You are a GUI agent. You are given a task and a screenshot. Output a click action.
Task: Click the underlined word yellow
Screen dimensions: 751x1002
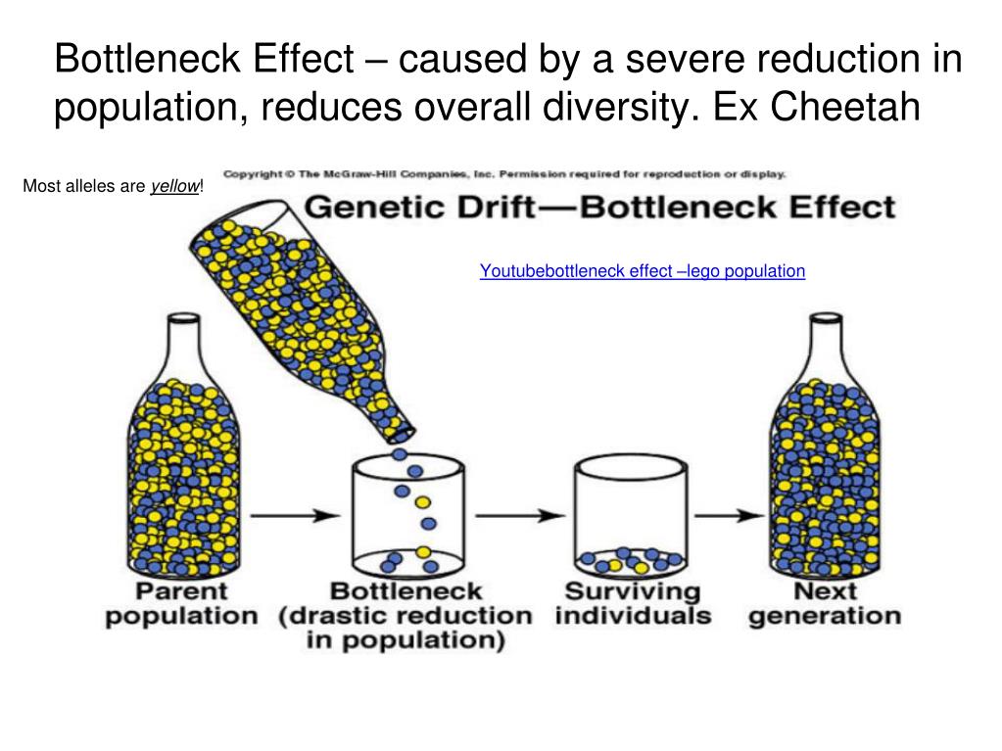click(173, 186)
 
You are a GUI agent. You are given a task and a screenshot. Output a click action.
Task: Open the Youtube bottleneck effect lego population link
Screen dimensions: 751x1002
click(642, 271)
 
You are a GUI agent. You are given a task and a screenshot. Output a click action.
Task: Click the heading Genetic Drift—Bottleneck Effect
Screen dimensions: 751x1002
click(599, 208)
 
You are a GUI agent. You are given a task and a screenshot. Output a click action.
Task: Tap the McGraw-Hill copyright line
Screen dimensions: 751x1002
click(504, 175)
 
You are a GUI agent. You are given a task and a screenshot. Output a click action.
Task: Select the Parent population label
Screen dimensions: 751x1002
click(181, 604)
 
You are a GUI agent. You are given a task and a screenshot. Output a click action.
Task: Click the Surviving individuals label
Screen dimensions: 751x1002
click(633, 604)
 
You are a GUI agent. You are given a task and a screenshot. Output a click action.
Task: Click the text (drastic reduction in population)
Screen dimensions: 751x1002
click(406, 629)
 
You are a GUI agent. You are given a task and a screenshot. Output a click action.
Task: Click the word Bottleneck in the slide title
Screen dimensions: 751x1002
click(146, 60)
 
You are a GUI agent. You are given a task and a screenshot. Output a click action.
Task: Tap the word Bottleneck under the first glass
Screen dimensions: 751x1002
click(406, 591)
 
